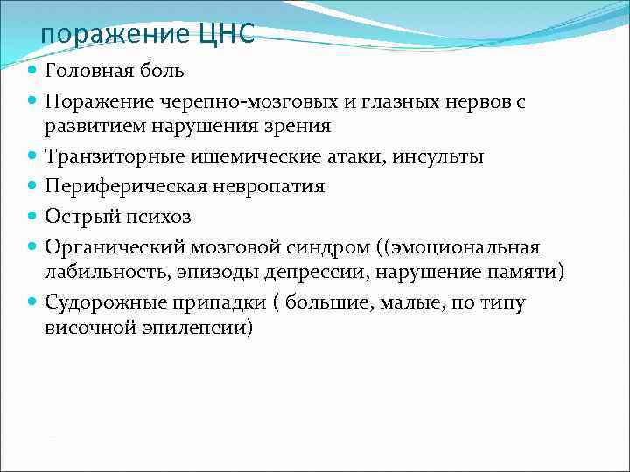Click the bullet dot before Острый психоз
point(31,217)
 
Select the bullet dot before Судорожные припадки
point(31,302)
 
